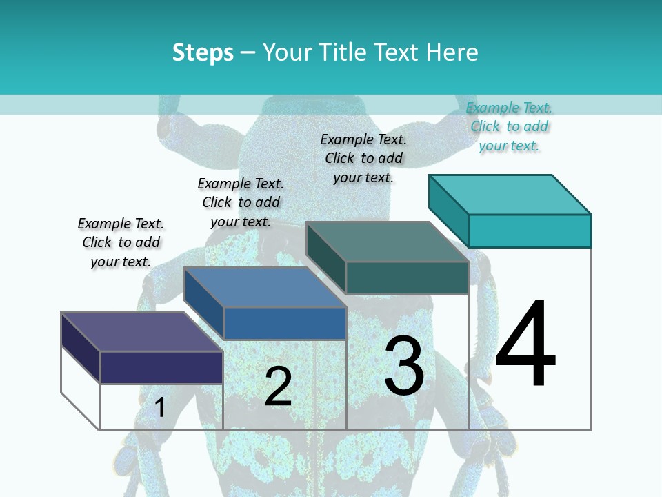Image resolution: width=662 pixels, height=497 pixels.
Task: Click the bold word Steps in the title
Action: (203, 52)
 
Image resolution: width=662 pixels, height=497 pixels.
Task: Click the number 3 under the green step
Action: (404, 366)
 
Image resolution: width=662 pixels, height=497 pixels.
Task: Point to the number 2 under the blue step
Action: (278, 387)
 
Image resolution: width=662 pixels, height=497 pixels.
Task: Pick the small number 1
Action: (160, 407)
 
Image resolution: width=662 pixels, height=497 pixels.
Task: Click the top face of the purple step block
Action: (141, 332)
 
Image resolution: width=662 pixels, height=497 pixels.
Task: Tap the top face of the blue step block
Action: (265, 287)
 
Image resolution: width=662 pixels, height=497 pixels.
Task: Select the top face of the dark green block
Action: (387, 242)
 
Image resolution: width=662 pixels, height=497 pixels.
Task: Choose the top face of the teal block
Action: (510, 194)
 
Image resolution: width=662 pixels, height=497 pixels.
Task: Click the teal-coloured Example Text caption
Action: (509, 126)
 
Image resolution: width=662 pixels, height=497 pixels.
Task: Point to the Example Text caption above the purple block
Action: (121, 242)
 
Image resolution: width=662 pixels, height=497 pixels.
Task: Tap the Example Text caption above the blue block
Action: (241, 202)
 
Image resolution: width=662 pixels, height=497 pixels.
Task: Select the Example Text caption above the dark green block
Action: (363, 158)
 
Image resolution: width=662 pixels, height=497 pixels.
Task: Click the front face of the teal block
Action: (530, 231)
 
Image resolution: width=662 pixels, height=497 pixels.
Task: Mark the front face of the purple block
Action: (161, 367)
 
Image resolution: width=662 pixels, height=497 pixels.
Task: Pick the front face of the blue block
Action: (285, 323)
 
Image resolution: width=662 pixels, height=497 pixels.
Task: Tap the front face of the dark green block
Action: (407, 277)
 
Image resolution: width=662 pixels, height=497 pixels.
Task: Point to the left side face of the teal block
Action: (448, 207)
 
